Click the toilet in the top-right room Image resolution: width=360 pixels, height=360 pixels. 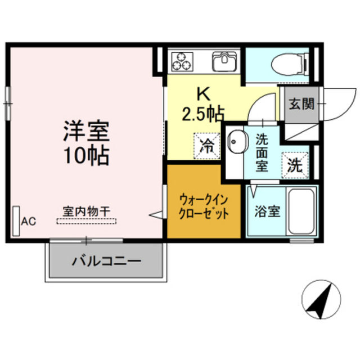point(290,64)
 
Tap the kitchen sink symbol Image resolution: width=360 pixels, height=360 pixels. point(224,61)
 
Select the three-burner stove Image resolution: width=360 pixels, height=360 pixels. point(182,61)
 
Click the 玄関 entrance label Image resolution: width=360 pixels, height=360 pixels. point(301,103)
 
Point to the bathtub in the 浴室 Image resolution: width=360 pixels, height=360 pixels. point(301,211)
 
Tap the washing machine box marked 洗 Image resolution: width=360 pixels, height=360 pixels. point(295,165)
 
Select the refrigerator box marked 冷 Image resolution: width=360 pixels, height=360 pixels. point(207,146)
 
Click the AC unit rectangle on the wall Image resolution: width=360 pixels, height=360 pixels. point(16,221)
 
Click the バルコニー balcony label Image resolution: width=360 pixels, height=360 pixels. point(106,261)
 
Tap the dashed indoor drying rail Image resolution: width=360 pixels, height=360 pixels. point(87,221)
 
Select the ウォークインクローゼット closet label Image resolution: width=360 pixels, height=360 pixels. point(204,206)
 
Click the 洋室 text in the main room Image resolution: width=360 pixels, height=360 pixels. point(86,131)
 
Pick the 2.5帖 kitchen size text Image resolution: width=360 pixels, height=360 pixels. point(203,114)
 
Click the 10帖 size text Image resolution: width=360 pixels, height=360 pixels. point(86,155)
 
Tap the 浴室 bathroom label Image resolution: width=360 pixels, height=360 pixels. point(268,211)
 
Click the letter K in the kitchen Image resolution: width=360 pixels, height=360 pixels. point(204,94)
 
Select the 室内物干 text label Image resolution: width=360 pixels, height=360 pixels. point(87,211)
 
